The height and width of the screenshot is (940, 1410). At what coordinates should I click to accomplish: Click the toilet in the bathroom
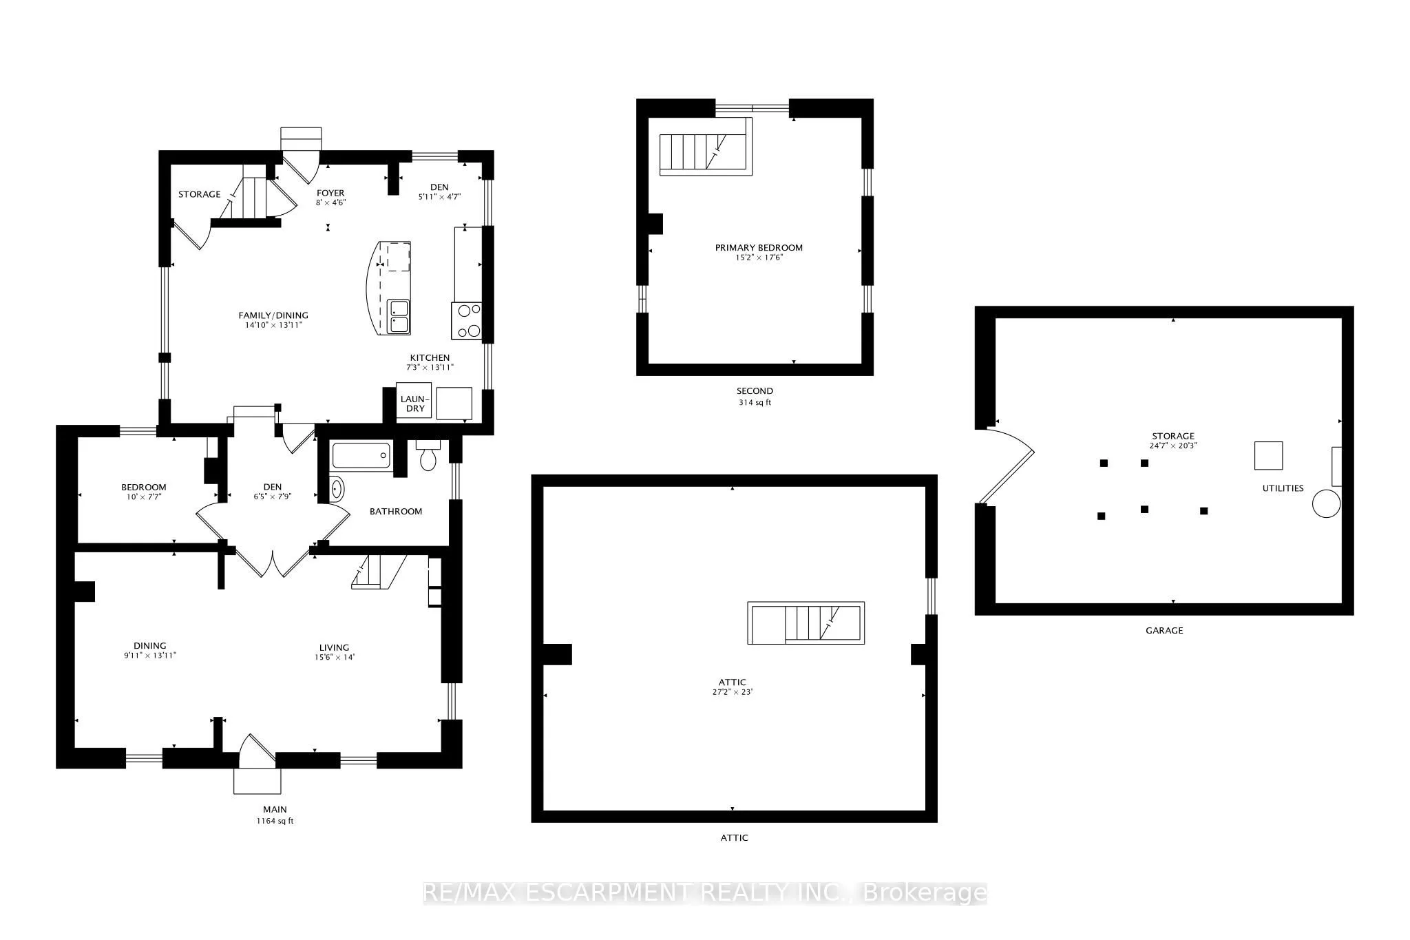point(428,457)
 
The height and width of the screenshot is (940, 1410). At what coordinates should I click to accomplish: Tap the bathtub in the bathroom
point(361,456)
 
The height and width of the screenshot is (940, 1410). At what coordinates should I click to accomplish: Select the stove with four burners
point(467,321)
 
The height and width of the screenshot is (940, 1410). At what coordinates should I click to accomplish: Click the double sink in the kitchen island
point(398,316)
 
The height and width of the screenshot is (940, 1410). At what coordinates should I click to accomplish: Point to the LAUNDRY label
point(414,404)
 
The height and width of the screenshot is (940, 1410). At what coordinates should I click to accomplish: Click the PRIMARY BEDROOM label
point(759,248)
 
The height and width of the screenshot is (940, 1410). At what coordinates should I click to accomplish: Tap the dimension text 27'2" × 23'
point(733,692)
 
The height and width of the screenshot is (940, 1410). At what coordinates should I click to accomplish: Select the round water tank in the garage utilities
point(1326,503)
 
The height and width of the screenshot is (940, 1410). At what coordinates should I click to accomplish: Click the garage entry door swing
point(1005,466)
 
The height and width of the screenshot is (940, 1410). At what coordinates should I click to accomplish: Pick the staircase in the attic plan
point(806,623)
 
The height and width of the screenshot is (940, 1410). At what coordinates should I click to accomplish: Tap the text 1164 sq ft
point(275,821)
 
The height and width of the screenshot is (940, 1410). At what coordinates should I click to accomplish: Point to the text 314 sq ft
point(755,402)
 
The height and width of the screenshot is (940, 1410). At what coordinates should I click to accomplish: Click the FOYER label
point(330,194)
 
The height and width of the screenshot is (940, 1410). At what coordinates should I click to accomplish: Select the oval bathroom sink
point(337,489)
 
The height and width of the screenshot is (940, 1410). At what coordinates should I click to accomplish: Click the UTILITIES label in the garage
point(1283,488)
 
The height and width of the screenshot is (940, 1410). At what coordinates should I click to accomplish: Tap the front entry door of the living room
point(256,752)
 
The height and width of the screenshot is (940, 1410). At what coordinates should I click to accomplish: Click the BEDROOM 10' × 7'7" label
point(144,492)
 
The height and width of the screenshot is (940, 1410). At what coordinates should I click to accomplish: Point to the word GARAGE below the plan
point(1164,630)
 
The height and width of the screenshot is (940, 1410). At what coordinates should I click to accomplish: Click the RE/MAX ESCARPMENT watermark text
point(704,893)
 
